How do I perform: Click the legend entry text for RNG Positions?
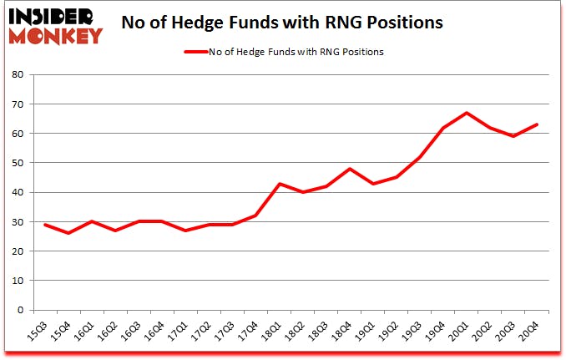pos(296,52)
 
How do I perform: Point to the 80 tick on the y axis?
pos(18,74)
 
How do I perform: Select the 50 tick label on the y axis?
pos(18,163)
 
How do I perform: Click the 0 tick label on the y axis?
pos(21,310)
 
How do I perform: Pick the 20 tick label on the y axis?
pos(18,251)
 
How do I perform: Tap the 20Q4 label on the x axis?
pos(529,332)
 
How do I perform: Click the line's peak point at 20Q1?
pos(467,113)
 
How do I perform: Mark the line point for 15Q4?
pos(68,233)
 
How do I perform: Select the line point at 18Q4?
pos(351,169)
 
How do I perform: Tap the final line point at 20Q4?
pos(538,124)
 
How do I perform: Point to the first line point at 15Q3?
pos(45,225)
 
